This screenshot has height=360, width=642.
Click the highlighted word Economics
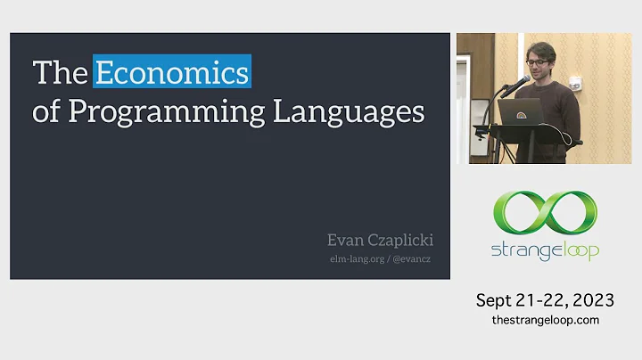(172, 71)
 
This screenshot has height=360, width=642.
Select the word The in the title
(60, 71)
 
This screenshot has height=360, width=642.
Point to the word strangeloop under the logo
(545, 250)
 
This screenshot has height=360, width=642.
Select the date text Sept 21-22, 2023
(545, 300)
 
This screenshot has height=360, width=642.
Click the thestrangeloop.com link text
(545, 319)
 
